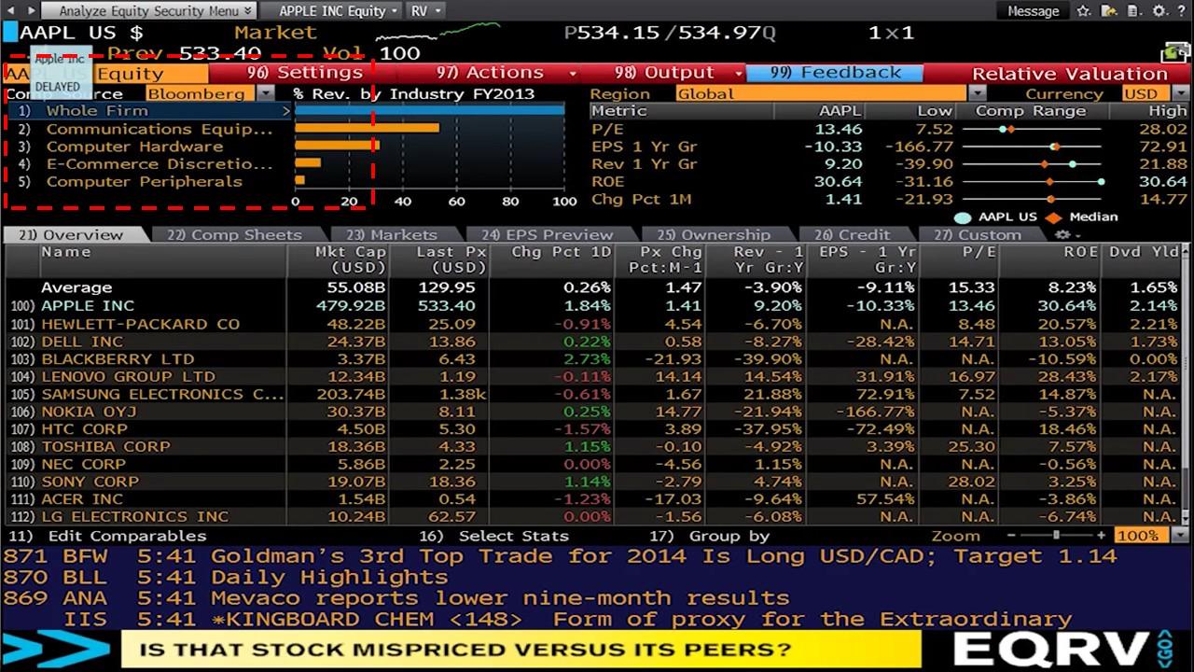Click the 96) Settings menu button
pos(305,73)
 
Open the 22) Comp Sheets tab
pos(235,235)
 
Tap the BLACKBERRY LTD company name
pos(118,358)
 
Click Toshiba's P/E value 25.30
pos(976,446)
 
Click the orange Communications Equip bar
pos(367,129)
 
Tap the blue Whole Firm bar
pos(429,111)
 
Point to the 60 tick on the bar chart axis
pos(456,201)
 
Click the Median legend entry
pos(1092,217)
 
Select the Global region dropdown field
pos(821,93)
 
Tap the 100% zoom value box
pos(1137,536)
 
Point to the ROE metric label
pos(607,181)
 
